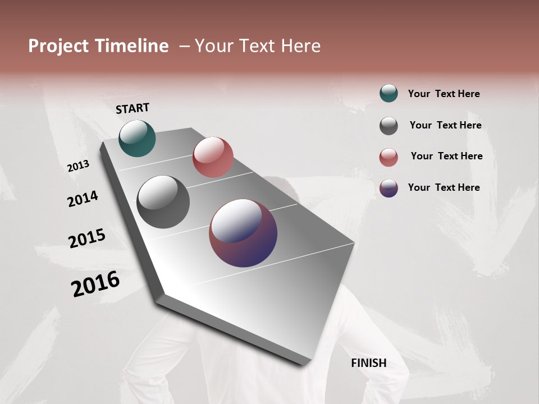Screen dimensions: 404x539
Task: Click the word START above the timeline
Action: click(x=133, y=108)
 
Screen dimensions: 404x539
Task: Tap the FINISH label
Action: click(x=369, y=363)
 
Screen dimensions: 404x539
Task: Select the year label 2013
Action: click(x=78, y=166)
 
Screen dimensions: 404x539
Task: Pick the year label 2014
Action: click(x=83, y=199)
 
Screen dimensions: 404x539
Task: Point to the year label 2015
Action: click(x=87, y=238)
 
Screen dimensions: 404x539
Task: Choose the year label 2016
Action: click(x=95, y=284)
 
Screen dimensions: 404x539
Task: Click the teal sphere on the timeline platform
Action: click(x=137, y=138)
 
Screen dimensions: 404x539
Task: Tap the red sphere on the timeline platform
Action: click(x=213, y=157)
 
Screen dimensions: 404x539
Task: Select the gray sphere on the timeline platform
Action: click(x=163, y=202)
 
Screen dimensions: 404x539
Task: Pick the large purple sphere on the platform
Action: click(x=243, y=233)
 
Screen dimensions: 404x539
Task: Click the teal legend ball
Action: click(x=389, y=93)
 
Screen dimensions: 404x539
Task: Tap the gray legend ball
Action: click(x=389, y=126)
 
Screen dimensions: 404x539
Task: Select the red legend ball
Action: click(x=389, y=157)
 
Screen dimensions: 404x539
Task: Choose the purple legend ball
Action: click(x=389, y=188)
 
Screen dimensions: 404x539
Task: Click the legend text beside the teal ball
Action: click(x=444, y=94)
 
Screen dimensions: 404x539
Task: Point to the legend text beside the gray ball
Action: click(x=445, y=125)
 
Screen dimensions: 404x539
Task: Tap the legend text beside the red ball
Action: click(x=446, y=156)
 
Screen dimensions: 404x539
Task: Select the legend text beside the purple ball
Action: click(x=444, y=187)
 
